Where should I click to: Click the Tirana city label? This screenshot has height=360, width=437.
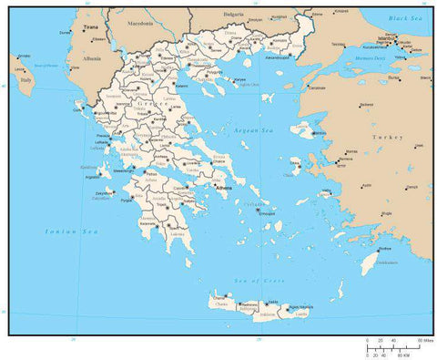[x=90, y=28]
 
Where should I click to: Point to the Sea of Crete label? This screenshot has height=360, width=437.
[x=250, y=281]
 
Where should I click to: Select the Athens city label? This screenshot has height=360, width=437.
[x=224, y=189]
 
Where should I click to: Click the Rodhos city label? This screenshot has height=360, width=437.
[x=385, y=249]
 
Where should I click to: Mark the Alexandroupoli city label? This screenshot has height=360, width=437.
[x=277, y=57]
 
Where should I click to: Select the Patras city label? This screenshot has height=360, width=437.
[x=150, y=173]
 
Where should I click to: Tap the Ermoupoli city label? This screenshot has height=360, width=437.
[x=266, y=214]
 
